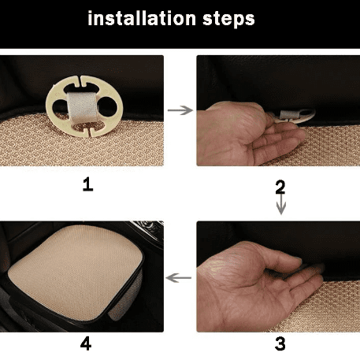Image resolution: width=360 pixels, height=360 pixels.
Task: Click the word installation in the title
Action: [142, 18]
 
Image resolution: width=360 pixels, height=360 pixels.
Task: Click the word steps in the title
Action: [228, 20]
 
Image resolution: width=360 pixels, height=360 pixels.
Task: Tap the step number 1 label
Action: [87, 184]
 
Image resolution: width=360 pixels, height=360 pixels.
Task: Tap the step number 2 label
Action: [280, 187]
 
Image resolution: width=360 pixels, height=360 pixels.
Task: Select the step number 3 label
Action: [280, 343]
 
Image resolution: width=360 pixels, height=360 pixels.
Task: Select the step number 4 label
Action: [86, 343]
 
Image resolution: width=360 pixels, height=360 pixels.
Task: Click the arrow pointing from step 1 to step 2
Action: [180, 110]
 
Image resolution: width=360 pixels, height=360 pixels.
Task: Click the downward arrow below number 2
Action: [281, 204]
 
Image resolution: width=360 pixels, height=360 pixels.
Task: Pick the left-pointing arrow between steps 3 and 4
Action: [179, 278]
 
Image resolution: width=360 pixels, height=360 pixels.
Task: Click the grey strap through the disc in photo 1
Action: [83, 108]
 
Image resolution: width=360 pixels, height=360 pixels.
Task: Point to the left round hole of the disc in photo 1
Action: [60, 108]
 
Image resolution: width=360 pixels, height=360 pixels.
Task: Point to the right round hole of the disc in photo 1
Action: [107, 106]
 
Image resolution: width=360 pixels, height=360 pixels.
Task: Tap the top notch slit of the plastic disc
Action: [80, 81]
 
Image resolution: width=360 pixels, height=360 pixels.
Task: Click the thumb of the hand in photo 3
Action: [286, 258]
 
